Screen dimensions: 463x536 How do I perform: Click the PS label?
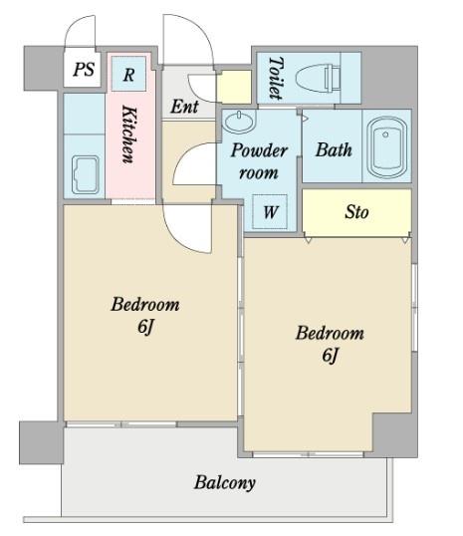click(84, 69)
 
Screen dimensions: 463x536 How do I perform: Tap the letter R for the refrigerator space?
click(128, 75)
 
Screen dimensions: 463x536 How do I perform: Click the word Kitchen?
click(129, 134)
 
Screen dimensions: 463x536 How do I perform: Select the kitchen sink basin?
click(86, 174)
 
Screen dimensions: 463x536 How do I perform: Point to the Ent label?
click(184, 107)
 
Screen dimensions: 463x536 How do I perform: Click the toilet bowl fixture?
click(318, 79)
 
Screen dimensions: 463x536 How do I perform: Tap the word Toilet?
click(276, 78)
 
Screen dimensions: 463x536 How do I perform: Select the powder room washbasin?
click(239, 122)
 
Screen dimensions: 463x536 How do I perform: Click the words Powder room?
click(259, 161)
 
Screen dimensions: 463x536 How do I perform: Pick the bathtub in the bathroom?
click(386, 147)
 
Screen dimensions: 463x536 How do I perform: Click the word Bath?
click(334, 149)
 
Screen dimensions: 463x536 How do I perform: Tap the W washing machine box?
click(270, 211)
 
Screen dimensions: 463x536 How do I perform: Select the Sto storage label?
click(356, 212)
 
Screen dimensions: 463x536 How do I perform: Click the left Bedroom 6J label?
click(145, 315)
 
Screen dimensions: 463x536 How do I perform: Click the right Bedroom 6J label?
click(330, 344)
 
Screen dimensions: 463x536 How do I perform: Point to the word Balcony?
click(225, 483)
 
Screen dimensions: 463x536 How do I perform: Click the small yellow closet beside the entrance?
click(235, 87)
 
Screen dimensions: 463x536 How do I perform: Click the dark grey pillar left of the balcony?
click(42, 442)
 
